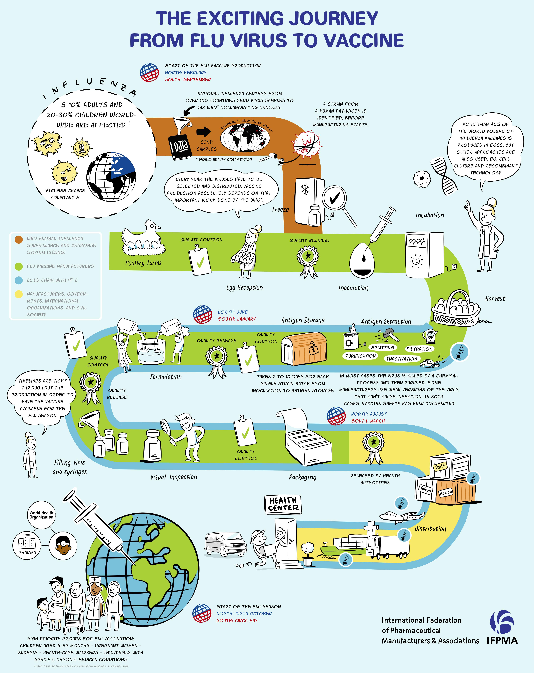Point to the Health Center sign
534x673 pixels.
pos(283,505)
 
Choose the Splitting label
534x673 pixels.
pos(382,347)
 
